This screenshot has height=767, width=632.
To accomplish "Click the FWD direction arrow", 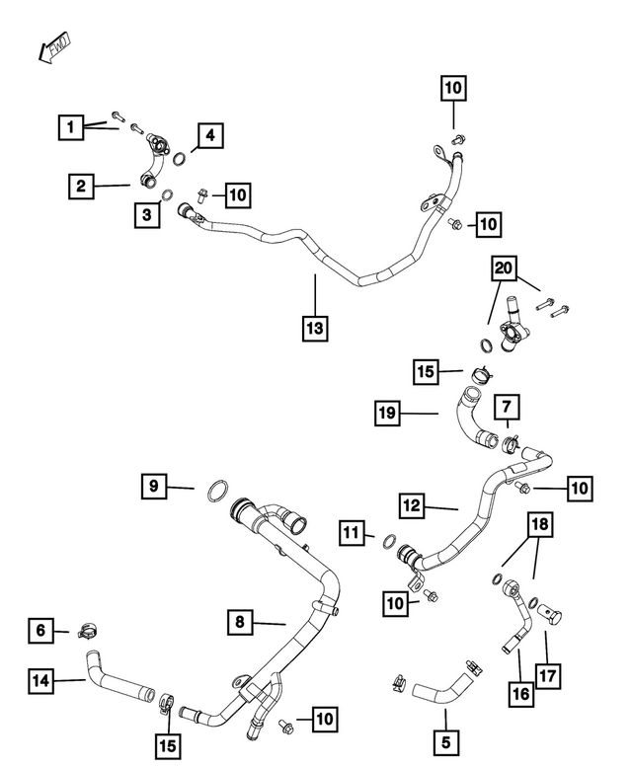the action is tap(54, 47).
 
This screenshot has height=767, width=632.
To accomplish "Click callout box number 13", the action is tap(315, 328).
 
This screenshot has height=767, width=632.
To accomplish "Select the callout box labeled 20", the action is tap(504, 268).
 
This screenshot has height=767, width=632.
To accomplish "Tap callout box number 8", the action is tap(240, 622).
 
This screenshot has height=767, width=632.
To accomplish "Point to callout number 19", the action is tap(387, 413).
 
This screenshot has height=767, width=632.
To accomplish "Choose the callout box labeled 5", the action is tap(445, 742).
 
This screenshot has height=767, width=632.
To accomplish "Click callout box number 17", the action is tap(547, 675).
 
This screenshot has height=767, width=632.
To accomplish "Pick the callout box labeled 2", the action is tap(81, 186).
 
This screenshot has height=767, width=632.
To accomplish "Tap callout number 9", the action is tap(154, 486).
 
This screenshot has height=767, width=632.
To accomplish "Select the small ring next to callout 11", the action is tap(389, 542).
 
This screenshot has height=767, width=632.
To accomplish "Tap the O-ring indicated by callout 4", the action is tap(181, 159).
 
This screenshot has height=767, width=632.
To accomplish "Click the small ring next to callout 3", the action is tap(167, 195).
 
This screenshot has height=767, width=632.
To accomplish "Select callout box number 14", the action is tap(40, 680).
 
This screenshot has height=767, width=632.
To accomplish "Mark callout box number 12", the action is tap(412, 505).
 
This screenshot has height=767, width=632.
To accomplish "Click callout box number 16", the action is tap(521, 694).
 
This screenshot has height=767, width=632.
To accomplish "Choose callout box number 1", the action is tap(71, 127).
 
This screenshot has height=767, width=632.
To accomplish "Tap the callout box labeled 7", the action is tap(507, 407).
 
